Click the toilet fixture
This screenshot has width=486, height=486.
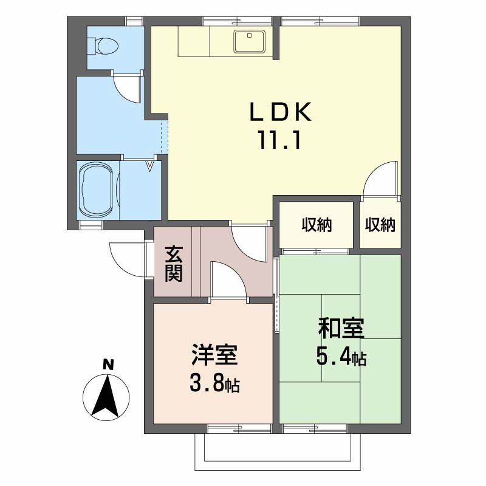[x=103, y=47]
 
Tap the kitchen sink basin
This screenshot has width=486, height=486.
[x=250, y=41]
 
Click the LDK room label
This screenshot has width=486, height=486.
[x=281, y=112]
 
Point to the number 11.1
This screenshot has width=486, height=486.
[x=279, y=140]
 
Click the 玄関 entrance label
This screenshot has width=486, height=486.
[x=174, y=264]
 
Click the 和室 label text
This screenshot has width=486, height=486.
[x=341, y=329]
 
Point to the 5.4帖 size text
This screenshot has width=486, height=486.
[x=341, y=357]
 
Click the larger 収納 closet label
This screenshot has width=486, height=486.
[x=317, y=225]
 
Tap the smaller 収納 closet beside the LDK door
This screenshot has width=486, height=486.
[x=380, y=225]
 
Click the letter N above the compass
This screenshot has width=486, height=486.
[x=108, y=365]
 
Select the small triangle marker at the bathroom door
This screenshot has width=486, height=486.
[x=150, y=166]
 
